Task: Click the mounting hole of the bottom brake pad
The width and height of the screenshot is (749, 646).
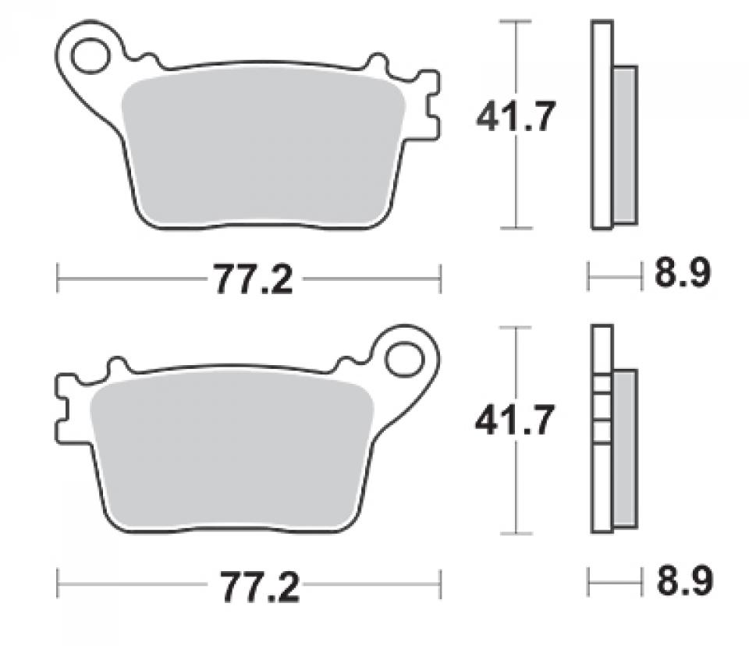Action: point(404,360)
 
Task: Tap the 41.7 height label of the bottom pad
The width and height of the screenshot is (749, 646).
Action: point(516,422)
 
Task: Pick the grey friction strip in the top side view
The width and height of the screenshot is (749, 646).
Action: point(625,144)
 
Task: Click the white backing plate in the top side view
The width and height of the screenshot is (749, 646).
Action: point(602,125)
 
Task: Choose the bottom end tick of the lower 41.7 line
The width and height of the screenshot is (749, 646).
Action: point(516,534)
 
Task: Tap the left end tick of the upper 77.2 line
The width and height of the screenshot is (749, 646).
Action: point(59,278)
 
